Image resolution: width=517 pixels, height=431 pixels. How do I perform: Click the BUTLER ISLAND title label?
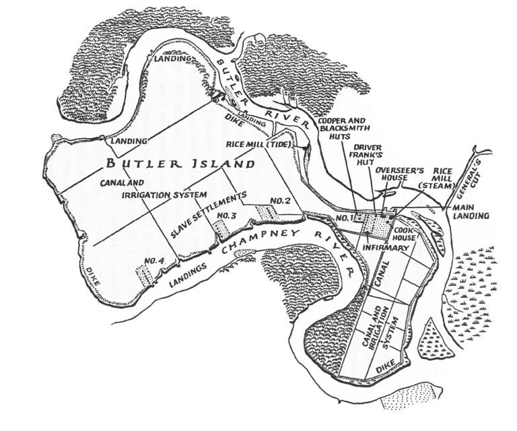pyautogui.click(x=180, y=164)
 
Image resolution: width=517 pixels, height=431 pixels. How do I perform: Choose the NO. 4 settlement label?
pyautogui.click(x=154, y=261)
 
